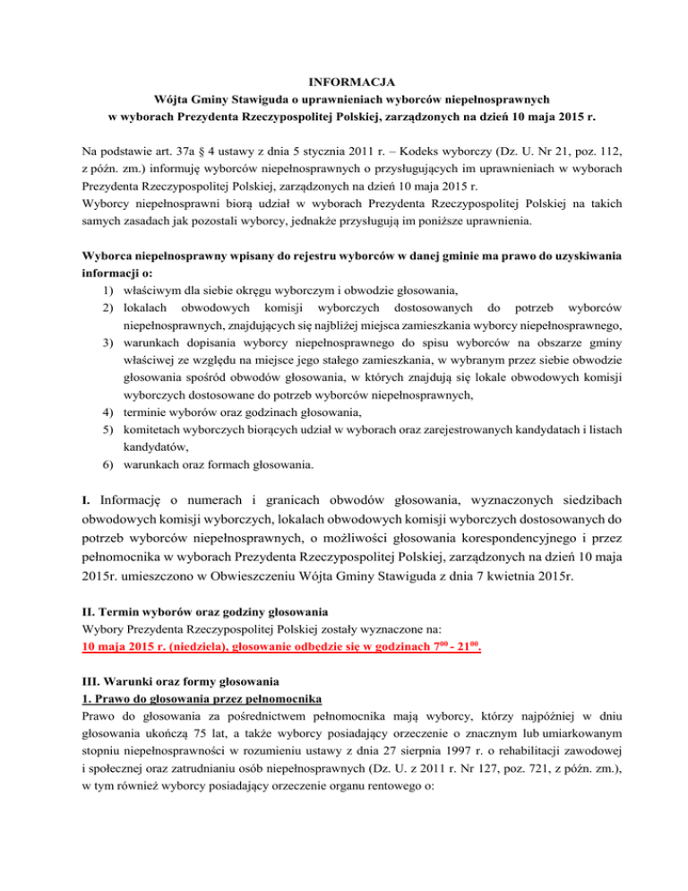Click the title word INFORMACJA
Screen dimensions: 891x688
(x=343, y=82)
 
